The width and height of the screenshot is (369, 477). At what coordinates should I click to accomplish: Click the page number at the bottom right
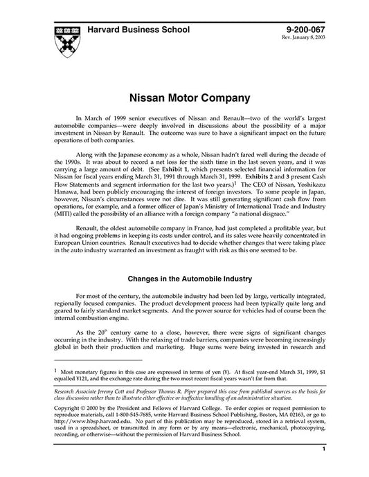[324, 470]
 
